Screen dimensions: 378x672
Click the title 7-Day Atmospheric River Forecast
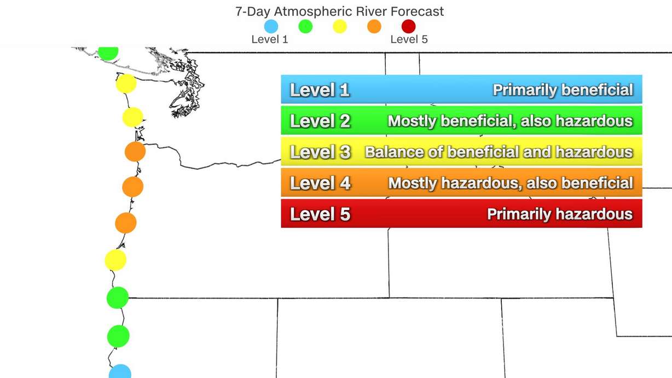click(x=339, y=11)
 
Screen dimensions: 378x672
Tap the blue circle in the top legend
click(x=271, y=26)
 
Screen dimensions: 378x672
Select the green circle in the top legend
click(x=305, y=26)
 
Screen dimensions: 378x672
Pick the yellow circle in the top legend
click(x=340, y=26)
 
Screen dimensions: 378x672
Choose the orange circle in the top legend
click(x=374, y=26)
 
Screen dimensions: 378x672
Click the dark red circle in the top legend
click(x=408, y=26)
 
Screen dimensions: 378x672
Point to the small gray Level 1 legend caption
click(x=269, y=39)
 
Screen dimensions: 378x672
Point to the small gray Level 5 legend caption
click(x=409, y=39)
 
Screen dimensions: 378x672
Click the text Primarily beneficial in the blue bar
click(x=563, y=90)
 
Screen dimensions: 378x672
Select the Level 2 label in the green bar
click(x=320, y=121)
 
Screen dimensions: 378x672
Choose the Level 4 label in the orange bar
click(x=320, y=183)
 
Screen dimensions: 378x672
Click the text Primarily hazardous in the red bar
click(x=559, y=214)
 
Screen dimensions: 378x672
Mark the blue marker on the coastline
click(x=120, y=372)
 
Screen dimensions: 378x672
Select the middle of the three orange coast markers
click(x=132, y=187)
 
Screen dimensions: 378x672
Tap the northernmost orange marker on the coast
click(x=135, y=152)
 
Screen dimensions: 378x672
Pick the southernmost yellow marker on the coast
click(x=115, y=260)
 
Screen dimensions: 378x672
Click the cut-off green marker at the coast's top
click(x=108, y=53)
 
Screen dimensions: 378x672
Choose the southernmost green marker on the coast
click(x=118, y=336)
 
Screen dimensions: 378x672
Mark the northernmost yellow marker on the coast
click(x=126, y=84)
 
